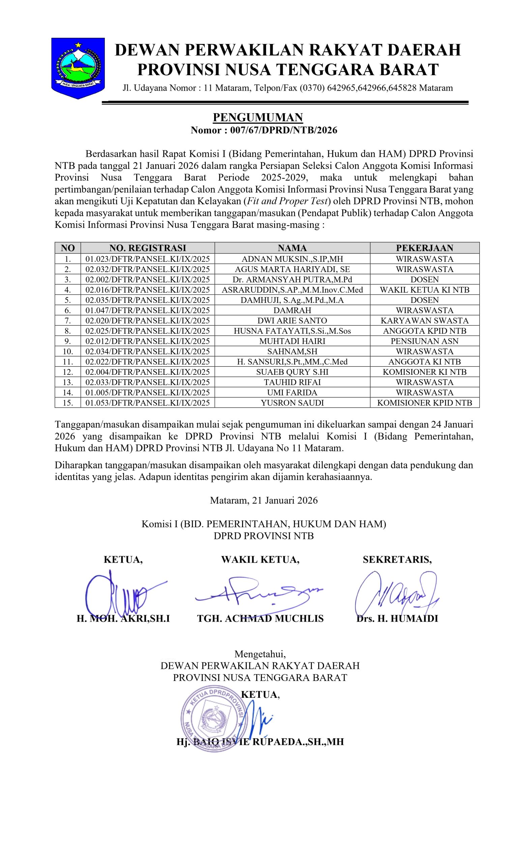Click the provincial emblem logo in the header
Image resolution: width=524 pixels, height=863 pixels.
[78, 68]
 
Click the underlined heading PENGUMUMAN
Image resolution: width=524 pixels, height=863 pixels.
[258, 117]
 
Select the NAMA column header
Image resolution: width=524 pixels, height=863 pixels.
[292, 248]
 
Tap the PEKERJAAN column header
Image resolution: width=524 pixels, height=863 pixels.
[425, 248]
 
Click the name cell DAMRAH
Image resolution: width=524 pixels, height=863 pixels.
[292, 310]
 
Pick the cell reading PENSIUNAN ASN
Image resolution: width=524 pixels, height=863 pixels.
[425, 341]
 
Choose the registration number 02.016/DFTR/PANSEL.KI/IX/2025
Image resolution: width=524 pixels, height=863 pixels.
[147, 290]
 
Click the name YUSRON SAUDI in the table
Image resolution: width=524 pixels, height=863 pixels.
[292, 403]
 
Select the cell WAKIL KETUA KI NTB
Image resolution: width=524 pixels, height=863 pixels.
[425, 290]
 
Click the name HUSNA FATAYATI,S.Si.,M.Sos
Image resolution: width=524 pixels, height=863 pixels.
[292, 331]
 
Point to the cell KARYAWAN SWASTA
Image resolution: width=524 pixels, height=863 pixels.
[425, 321]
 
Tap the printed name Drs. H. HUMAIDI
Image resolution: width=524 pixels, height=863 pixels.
[397, 619]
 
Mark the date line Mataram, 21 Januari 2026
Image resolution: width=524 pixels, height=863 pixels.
[264, 500]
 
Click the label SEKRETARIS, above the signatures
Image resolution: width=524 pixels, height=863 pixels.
[397, 560]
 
